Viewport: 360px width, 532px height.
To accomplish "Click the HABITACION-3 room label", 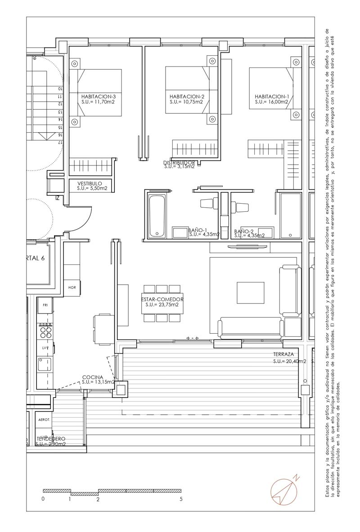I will pos(99,97).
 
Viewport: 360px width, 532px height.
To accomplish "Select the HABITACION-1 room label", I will pos(272,97).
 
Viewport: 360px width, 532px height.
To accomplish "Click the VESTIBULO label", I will pos(90,183).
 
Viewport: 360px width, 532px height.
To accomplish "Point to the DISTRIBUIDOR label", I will pos(179,162).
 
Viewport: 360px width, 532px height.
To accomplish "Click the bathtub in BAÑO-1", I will pos(157,215).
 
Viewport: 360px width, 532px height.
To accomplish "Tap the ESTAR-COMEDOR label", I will pos(162,299).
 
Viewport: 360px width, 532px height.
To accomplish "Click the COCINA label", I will pos(93,377).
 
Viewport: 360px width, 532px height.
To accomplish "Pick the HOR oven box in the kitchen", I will pos(72,287).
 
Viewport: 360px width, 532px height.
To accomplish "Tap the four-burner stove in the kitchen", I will pos(45,331).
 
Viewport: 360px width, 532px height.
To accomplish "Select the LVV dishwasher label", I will pos(45,348).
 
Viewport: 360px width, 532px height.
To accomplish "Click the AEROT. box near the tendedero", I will pos(45,419).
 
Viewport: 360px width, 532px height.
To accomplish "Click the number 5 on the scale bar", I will pos(181,499).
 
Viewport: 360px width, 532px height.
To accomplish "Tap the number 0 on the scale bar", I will pos(43,499).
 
